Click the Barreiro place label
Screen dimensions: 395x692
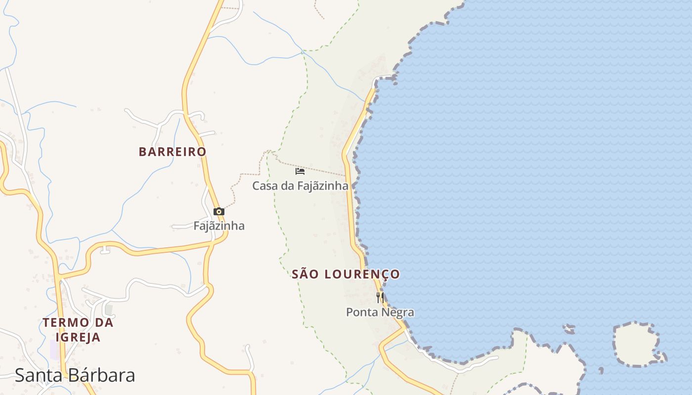click(x=172, y=152)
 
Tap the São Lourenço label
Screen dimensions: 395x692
click(x=346, y=275)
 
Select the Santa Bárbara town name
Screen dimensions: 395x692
click(x=75, y=375)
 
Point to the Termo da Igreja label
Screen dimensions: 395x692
click(x=78, y=330)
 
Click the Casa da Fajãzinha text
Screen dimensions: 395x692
click(x=300, y=186)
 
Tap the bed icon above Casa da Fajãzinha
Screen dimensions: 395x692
click(x=300, y=171)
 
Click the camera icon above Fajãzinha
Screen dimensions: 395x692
click(x=218, y=211)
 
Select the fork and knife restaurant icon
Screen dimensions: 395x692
click(x=380, y=297)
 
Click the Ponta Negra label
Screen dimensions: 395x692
click(x=380, y=313)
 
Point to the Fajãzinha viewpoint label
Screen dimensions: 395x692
click(x=218, y=226)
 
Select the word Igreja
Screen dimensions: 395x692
click(x=78, y=338)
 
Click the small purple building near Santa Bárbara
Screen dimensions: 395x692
click(x=54, y=350)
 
